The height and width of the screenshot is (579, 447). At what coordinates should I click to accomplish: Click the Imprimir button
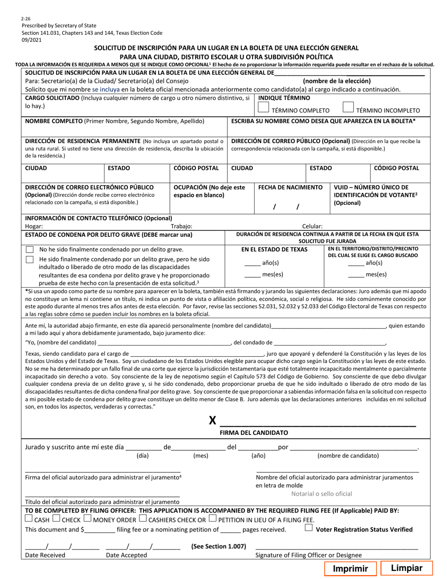pyautogui.click(x=350, y=569)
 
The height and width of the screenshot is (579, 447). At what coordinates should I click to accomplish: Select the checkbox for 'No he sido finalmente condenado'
pyautogui.click(x=30, y=249)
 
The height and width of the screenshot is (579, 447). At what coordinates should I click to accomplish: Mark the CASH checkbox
pyautogui.click(x=29, y=519)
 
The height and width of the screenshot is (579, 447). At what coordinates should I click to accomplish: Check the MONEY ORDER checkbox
pyautogui.click(x=87, y=519)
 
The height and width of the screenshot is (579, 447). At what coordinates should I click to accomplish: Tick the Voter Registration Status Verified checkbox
pyautogui.click(x=309, y=528)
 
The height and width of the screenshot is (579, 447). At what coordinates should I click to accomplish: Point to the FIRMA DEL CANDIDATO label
pyautogui.click(x=254, y=432)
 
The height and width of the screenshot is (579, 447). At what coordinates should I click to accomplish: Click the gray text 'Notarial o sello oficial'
pyautogui.click(x=321, y=494)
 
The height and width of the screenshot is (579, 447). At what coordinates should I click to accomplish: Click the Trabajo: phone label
pyautogui.click(x=181, y=226)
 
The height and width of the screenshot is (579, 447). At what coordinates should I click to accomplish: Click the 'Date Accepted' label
pyautogui.click(x=126, y=555)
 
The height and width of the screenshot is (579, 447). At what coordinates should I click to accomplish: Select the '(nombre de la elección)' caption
pyautogui.click(x=336, y=81)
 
